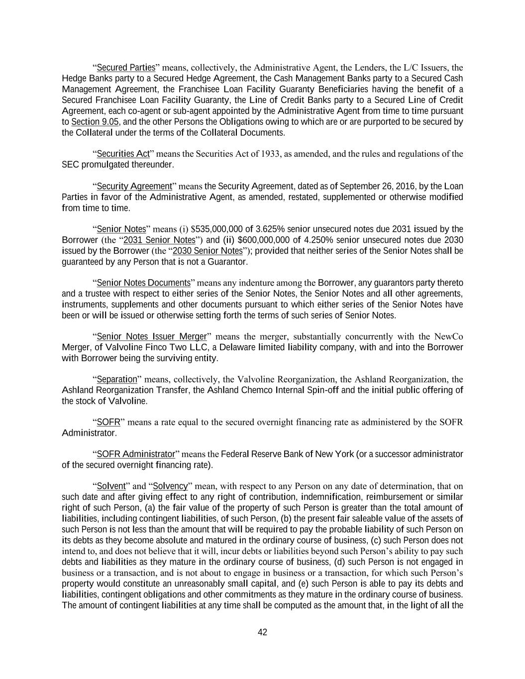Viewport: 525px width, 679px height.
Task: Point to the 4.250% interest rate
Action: (x=317, y=240)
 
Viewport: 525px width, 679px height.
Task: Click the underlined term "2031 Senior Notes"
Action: (x=159, y=240)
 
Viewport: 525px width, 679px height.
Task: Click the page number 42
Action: (x=262, y=632)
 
